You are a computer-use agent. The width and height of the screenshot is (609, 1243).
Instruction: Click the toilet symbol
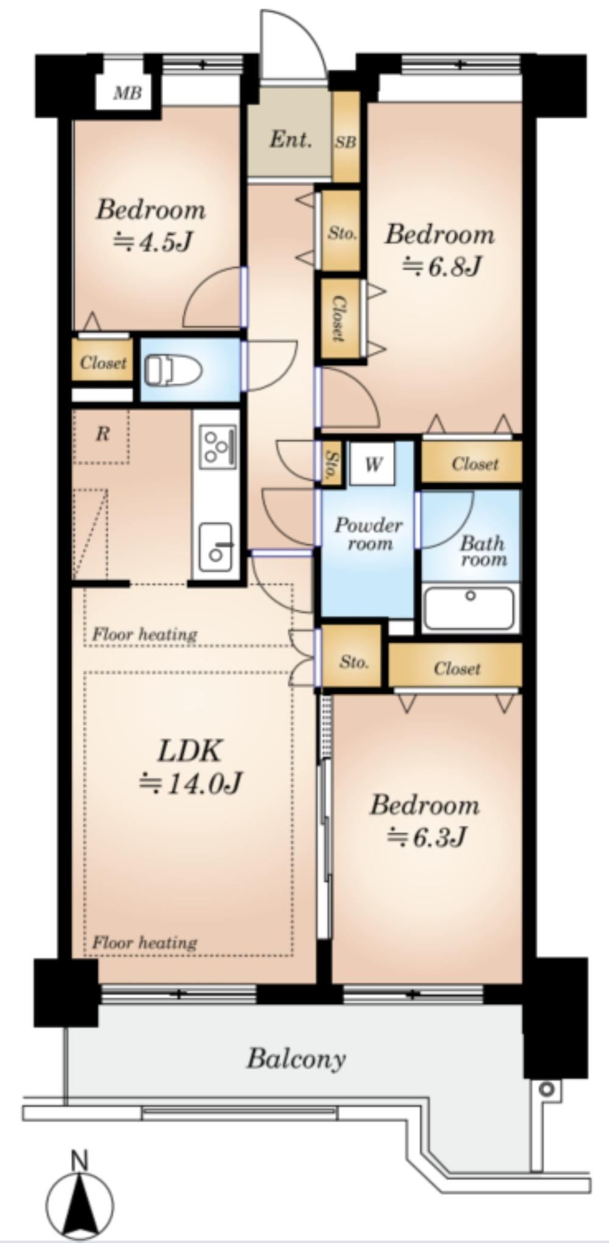click(x=173, y=370)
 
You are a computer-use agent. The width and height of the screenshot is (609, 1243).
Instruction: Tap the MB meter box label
click(x=128, y=93)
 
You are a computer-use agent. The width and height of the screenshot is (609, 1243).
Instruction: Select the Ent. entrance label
click(x=290, y=140)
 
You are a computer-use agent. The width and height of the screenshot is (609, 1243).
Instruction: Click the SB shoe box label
click(x=345, y=142)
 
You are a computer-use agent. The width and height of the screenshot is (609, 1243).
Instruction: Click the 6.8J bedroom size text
click(x=442, y=266)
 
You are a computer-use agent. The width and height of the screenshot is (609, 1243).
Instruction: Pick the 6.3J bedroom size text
click(x=426, y=837)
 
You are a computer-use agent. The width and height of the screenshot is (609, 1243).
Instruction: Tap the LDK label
click(x=189, y=751)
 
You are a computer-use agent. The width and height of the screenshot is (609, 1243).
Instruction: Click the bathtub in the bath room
click(x=469, y=607)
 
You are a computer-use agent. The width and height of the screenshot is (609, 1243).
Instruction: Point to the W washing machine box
click(x=373, y=464)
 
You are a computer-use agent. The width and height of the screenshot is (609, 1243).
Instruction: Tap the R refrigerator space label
click(x=102, y=434)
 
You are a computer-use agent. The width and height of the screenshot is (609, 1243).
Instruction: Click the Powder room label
click(x=368, y=534)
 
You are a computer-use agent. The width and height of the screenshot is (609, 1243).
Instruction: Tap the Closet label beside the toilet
click(x=103, y=363)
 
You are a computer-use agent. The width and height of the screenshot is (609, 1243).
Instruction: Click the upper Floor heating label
click(x=144, y=635)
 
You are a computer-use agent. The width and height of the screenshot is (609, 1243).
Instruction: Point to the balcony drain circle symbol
click(x=547, y=1088)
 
